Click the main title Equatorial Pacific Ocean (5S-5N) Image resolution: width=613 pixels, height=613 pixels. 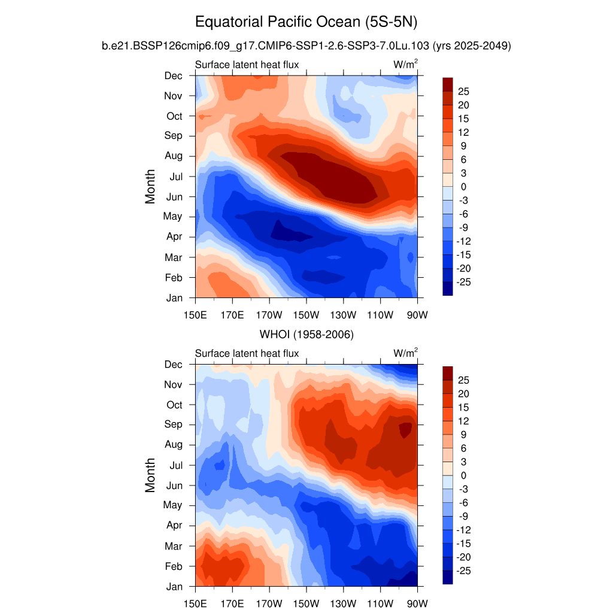click(306, 23)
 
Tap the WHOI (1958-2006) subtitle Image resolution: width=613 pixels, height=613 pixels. click(306, 334)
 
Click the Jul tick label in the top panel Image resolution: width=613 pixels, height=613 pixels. click(174, 177)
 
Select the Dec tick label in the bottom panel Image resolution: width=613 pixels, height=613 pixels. click(174, 365)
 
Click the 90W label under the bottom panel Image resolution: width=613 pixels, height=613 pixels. click(417, 603)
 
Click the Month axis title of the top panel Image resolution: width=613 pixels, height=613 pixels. click(150, 186)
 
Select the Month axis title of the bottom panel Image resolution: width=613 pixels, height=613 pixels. click(150, 475)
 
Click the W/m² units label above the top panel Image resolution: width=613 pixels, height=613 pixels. click(405, 65)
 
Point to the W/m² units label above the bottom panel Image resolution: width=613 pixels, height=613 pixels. click(405, 353)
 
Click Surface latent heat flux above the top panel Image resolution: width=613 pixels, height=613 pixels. click(247, 65)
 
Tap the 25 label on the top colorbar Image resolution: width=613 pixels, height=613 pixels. click(463, 91)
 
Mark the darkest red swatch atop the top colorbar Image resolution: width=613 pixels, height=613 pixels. click(447, 84)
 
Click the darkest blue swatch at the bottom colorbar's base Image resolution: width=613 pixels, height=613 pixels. click(447, 577)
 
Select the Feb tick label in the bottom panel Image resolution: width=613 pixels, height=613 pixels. click(174, 566)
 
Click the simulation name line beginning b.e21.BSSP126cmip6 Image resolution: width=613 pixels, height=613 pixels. click(306, 45)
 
